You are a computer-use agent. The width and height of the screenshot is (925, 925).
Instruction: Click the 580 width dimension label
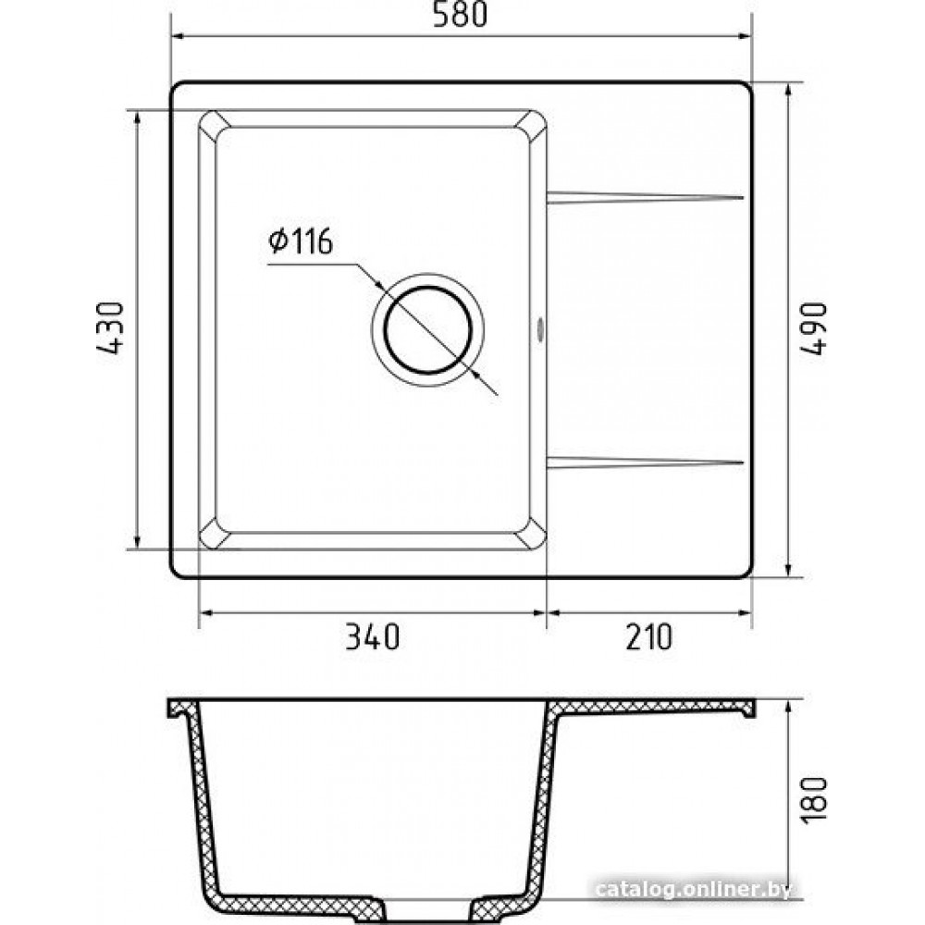[460, 15]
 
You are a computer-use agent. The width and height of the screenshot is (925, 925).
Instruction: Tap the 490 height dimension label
[814, 328]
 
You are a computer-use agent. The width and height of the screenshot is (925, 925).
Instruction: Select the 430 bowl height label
[110, 327]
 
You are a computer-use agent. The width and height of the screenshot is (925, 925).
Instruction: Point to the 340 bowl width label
[372, 637]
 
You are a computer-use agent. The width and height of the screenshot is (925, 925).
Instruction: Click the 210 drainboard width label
[648, 637]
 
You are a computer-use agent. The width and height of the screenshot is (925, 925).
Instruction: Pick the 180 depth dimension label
[814, 800]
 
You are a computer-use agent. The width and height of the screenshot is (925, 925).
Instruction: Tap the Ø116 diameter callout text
[301, 240]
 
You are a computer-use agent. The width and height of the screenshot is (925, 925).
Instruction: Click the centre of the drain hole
[427, 330]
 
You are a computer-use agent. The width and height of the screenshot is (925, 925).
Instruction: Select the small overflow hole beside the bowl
[539, 330]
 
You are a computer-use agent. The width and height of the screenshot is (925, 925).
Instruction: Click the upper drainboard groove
[645, 197]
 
